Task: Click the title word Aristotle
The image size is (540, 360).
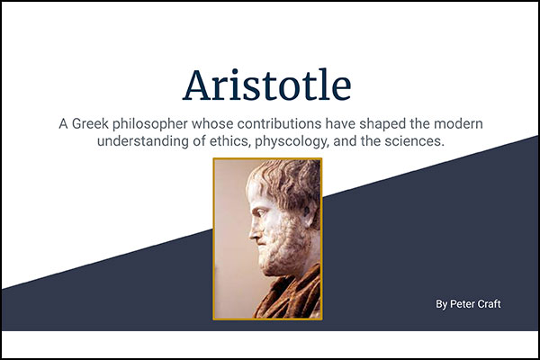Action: coord(267,85)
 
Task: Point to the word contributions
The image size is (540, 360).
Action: coord(279,123)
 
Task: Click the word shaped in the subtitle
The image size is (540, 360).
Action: coord(382,124)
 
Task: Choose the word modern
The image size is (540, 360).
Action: coord(458,123)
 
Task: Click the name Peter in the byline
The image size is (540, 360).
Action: coord(462,304)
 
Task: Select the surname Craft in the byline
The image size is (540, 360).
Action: coord(489,304)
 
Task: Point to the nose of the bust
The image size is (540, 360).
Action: coord(254,232)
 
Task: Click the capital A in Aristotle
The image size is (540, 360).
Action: coord(196,85)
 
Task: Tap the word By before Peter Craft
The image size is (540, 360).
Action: coord(442,304)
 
